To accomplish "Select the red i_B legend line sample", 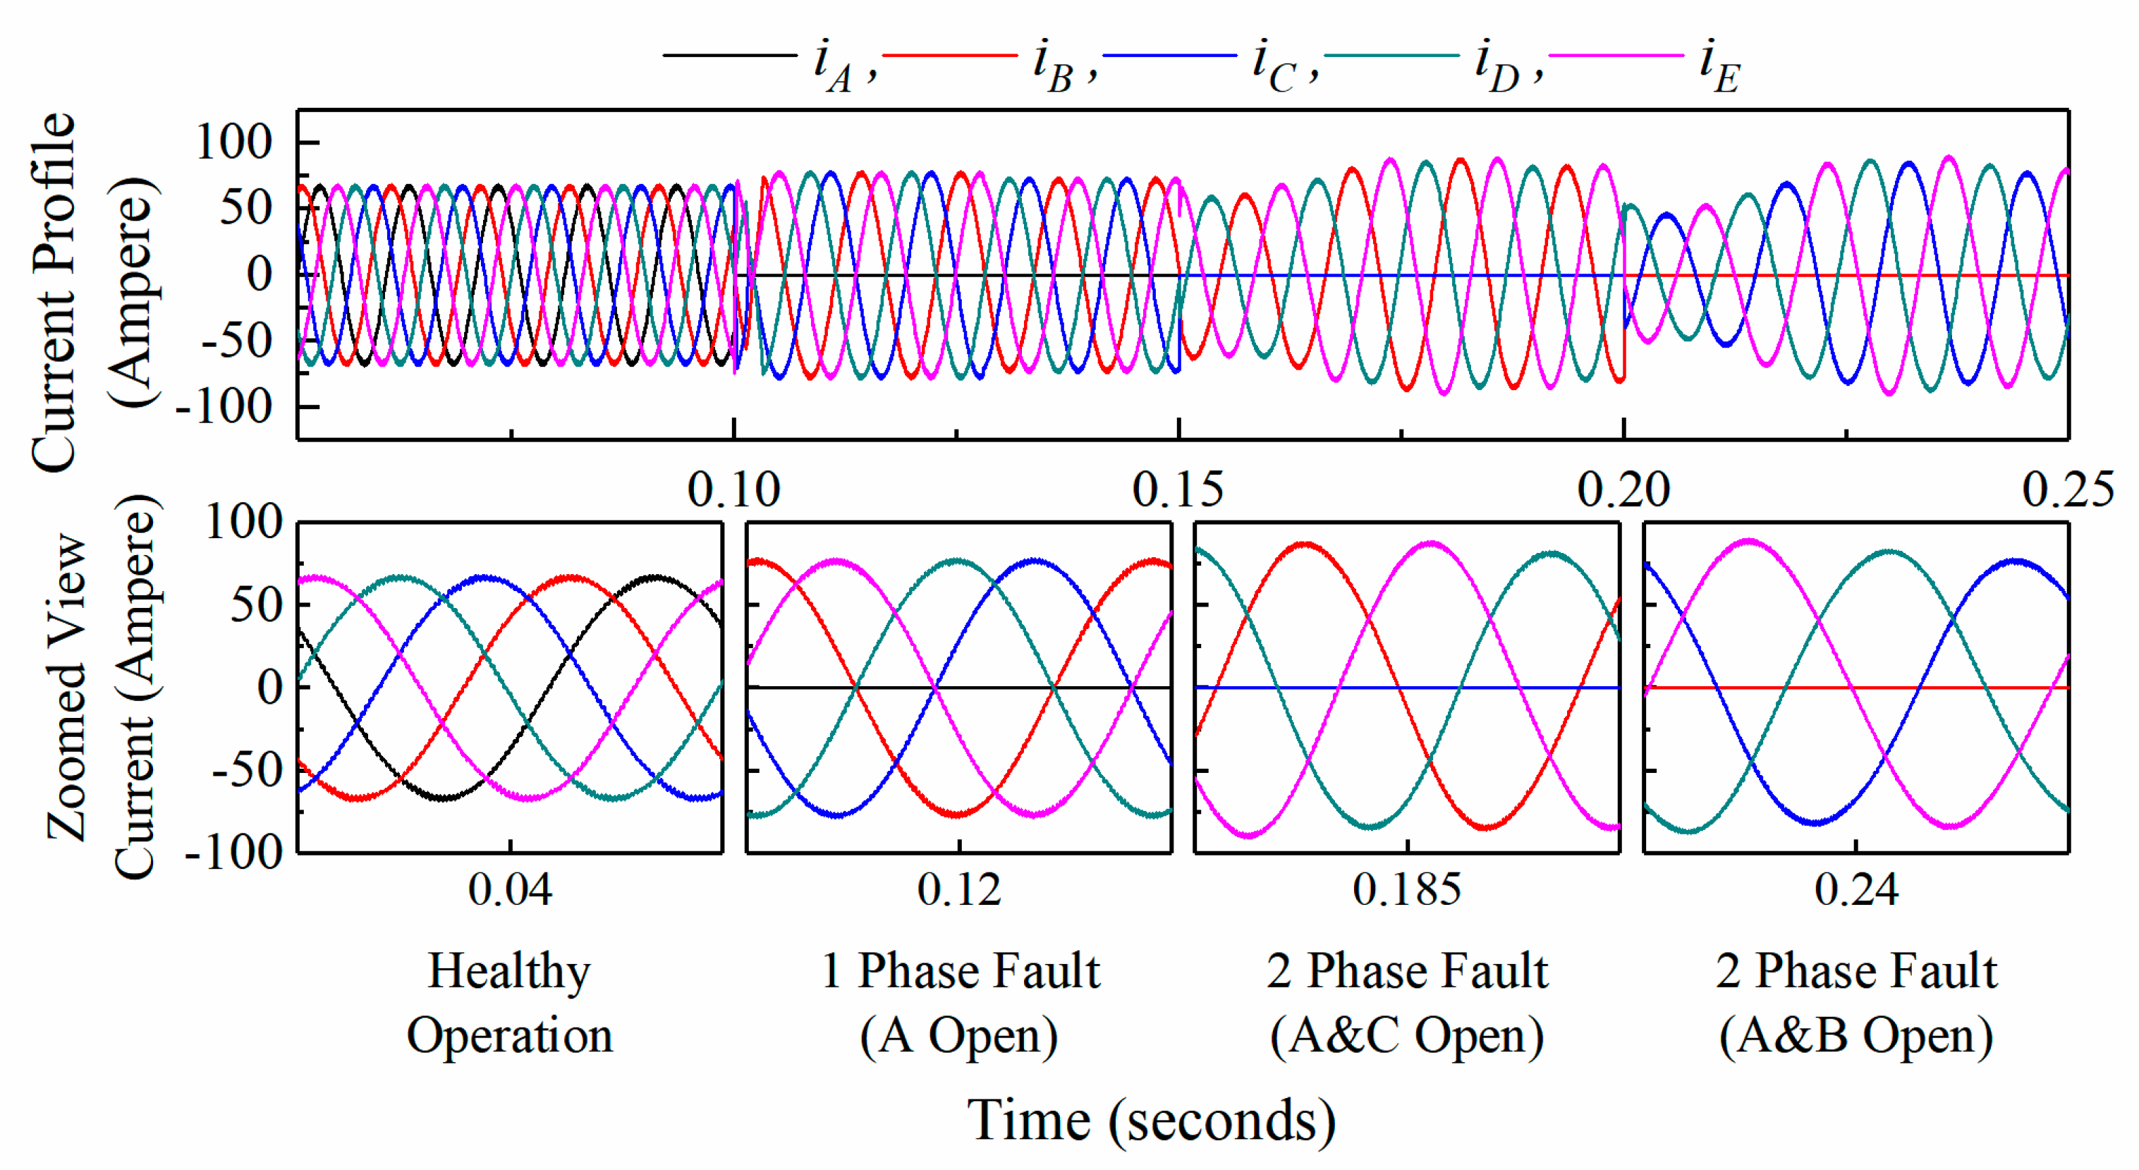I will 950,56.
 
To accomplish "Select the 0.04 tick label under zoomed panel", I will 510,889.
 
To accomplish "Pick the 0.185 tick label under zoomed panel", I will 1407,889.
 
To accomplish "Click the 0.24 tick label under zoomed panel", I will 1856,889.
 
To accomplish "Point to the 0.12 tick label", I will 959,889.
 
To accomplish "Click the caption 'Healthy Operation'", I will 510,1003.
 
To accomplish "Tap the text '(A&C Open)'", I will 1407,1035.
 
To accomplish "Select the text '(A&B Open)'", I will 1856,1035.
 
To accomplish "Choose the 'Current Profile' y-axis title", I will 54,291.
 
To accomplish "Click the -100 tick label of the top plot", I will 224,407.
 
